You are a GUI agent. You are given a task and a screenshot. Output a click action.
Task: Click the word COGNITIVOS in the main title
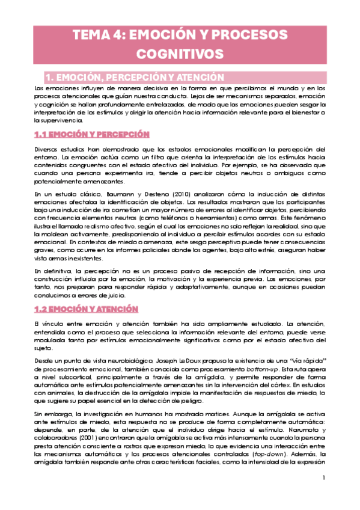click(x=180, y=54)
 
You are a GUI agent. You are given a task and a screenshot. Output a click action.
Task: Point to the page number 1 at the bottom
click(x=323, y=478)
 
